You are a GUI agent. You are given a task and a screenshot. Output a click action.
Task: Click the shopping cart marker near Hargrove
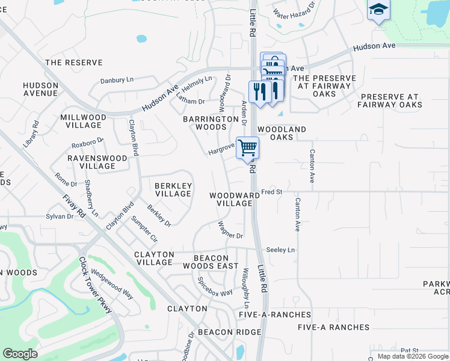point(248,147)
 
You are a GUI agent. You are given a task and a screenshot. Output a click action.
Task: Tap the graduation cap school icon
point(378,10)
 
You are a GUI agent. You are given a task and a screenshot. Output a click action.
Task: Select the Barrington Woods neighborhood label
point(211,123)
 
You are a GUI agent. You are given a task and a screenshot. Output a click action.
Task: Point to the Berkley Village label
point(173,190)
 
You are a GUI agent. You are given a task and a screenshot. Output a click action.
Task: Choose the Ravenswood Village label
point(97,162)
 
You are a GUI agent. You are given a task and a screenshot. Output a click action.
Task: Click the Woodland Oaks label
point(282,133)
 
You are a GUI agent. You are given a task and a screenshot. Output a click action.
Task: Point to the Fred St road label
point(272,192)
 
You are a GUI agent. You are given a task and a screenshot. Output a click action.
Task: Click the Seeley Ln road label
point(281,250)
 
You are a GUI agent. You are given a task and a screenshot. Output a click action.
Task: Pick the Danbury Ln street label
point(117,79)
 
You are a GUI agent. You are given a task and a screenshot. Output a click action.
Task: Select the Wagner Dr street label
point(230,230)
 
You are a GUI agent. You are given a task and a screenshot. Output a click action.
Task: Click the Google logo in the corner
point(20,354)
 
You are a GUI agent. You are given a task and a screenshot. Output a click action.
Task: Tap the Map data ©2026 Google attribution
point(413,356)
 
